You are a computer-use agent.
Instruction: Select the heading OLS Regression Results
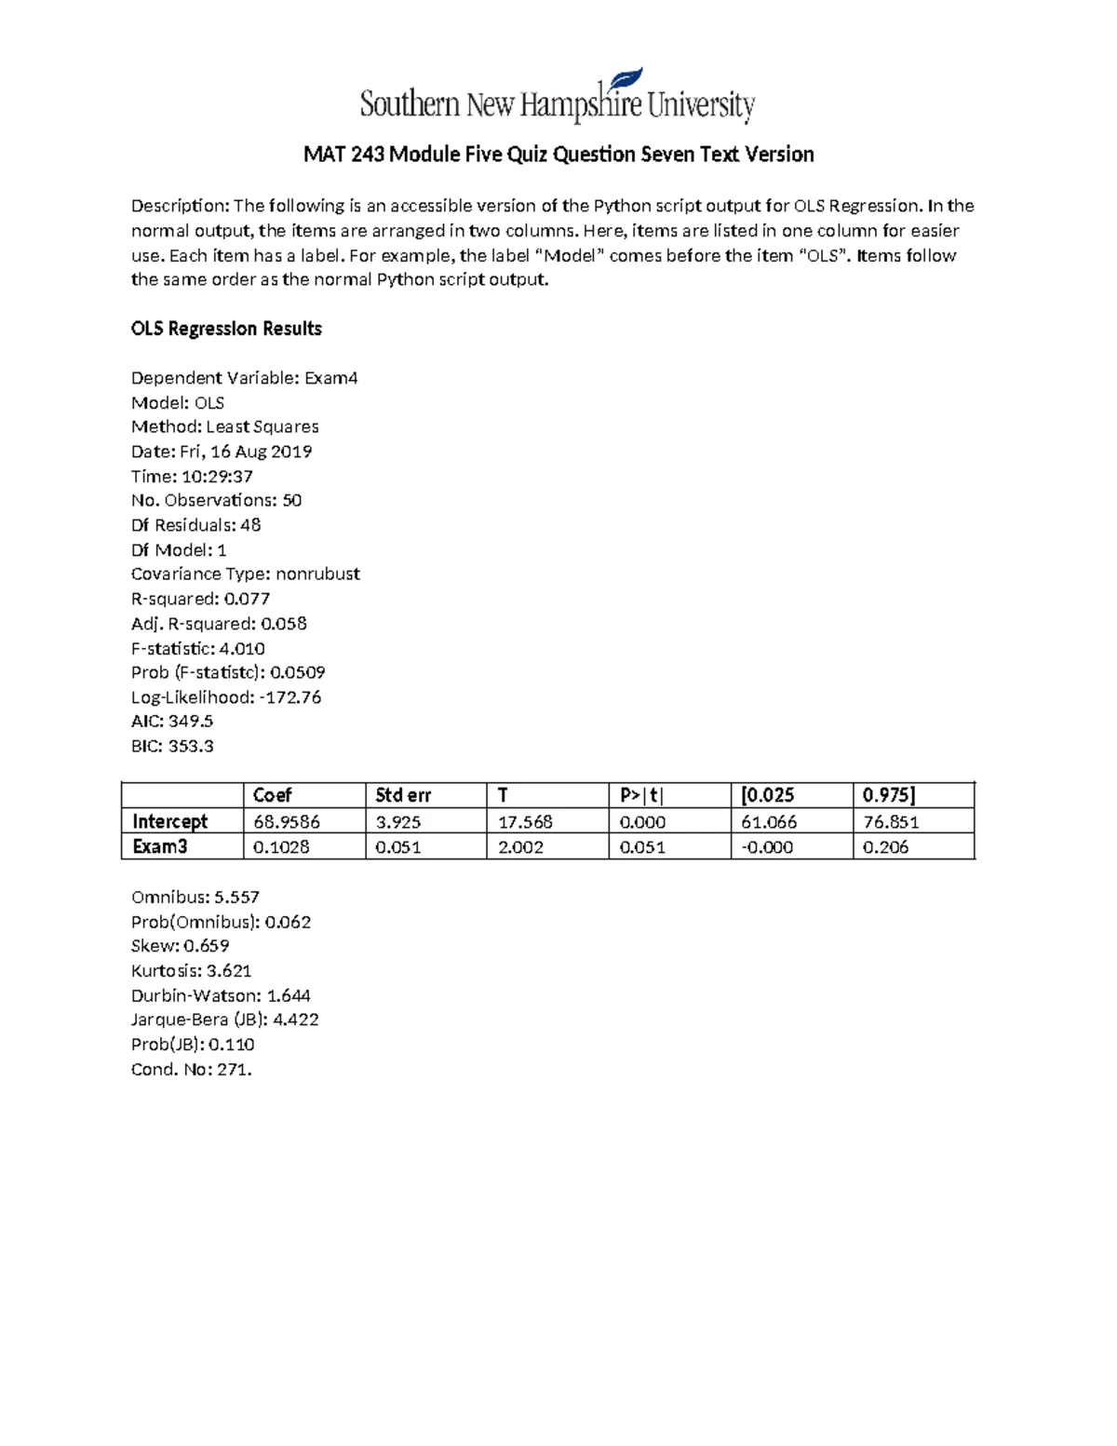226,329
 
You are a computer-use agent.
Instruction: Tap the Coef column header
272,795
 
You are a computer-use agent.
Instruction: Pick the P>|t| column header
642,795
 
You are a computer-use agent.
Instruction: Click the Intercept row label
169,821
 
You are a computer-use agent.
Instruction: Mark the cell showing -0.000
767,847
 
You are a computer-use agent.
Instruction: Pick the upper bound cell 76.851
891,822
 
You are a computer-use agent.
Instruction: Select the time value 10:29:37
217,476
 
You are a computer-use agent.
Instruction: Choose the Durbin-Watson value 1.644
289,995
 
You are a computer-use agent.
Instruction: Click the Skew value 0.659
206,946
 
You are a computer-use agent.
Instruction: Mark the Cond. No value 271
235,1070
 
